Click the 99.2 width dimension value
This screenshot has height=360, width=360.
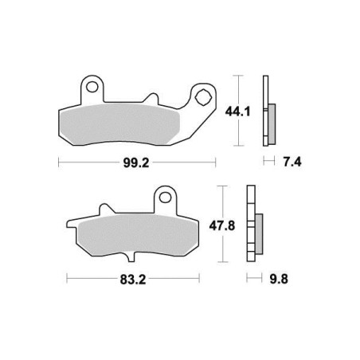[x=136, y=162]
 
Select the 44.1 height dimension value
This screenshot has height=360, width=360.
[x=237, y=112]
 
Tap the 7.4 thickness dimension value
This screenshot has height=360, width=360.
[x=292, y=162]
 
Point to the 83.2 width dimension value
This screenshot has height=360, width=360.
[x=133, y=280]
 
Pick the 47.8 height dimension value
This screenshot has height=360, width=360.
[x=222, y=226]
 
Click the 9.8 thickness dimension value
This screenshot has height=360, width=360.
[x=279, y=279]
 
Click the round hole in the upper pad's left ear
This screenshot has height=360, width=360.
[x=92, y=87]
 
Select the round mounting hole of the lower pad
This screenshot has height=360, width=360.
[x=165, y=198]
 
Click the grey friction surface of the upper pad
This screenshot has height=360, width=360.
[x=119, y=124]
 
